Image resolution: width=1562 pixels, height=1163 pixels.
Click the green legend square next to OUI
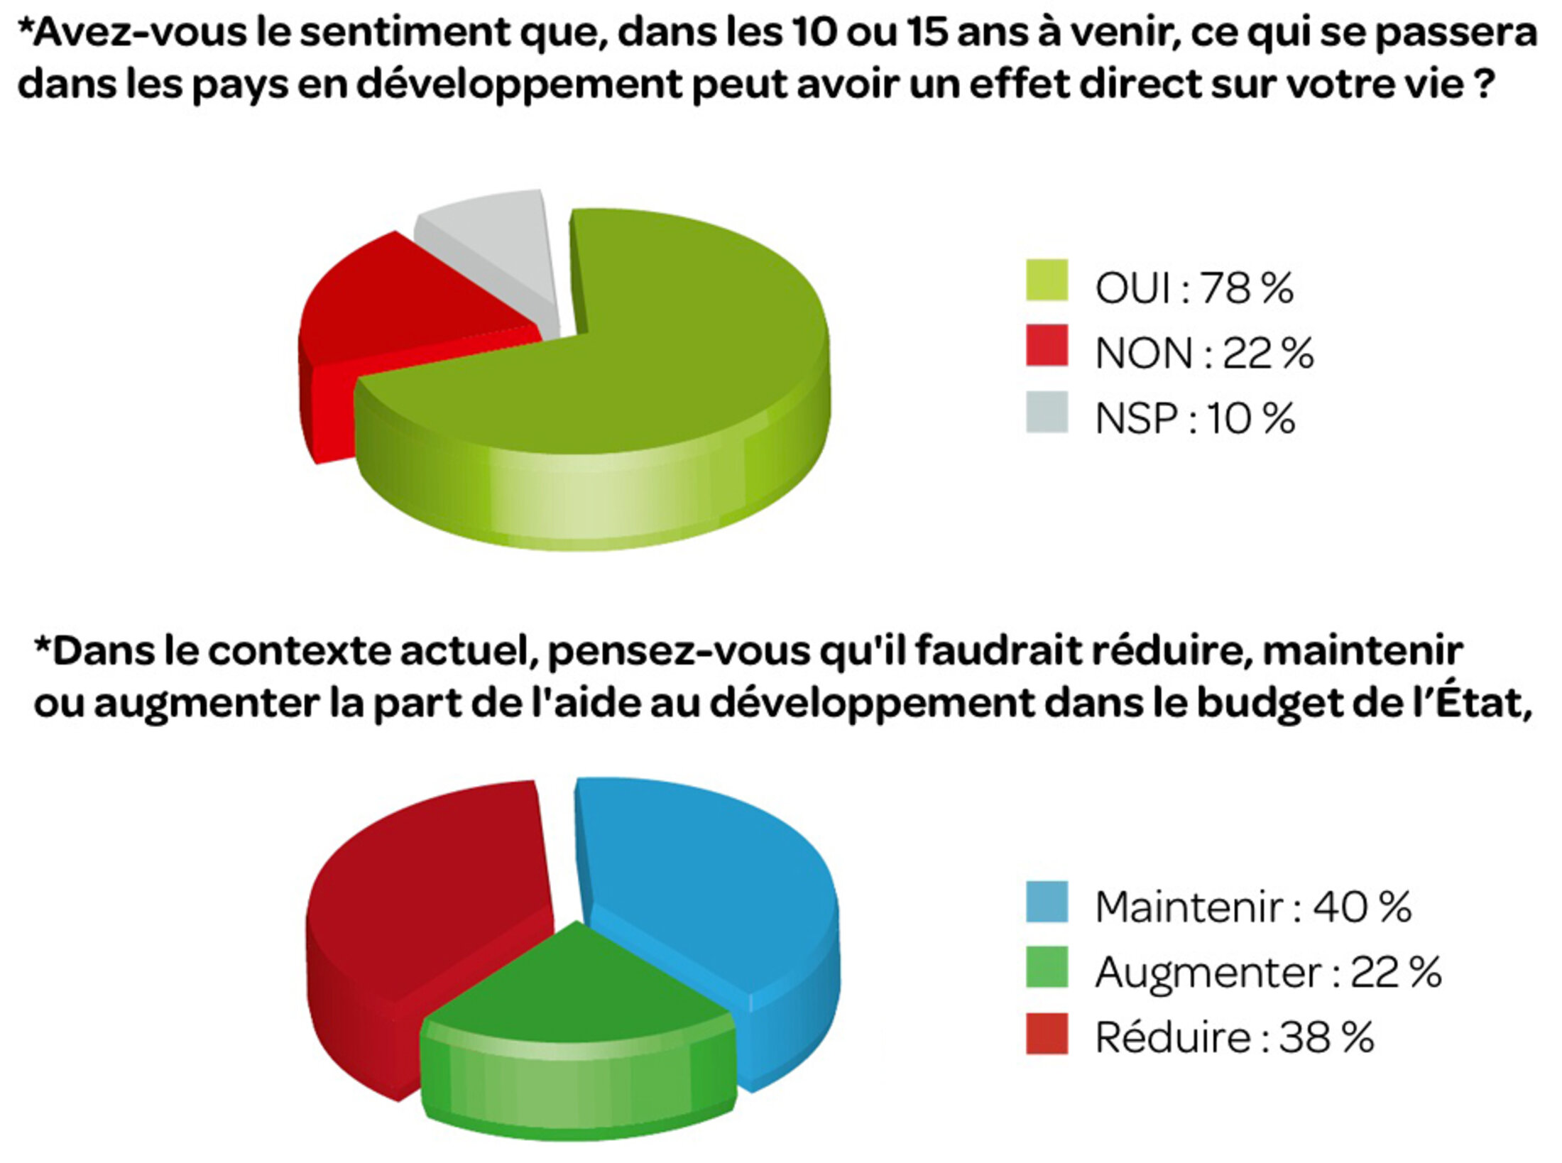tap(1047, 280)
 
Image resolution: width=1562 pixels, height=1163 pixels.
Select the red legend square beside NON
tap(1047, 346)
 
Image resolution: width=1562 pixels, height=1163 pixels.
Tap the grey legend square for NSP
tap(1047, 412)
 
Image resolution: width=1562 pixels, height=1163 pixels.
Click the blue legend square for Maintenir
tap(1047, 902)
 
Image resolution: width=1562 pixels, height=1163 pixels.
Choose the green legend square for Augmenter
tap(1047, 967)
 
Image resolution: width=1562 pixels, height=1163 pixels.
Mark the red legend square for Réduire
tap(1047, 1033)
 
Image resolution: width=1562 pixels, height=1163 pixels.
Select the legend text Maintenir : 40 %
tap(1253, 907)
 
